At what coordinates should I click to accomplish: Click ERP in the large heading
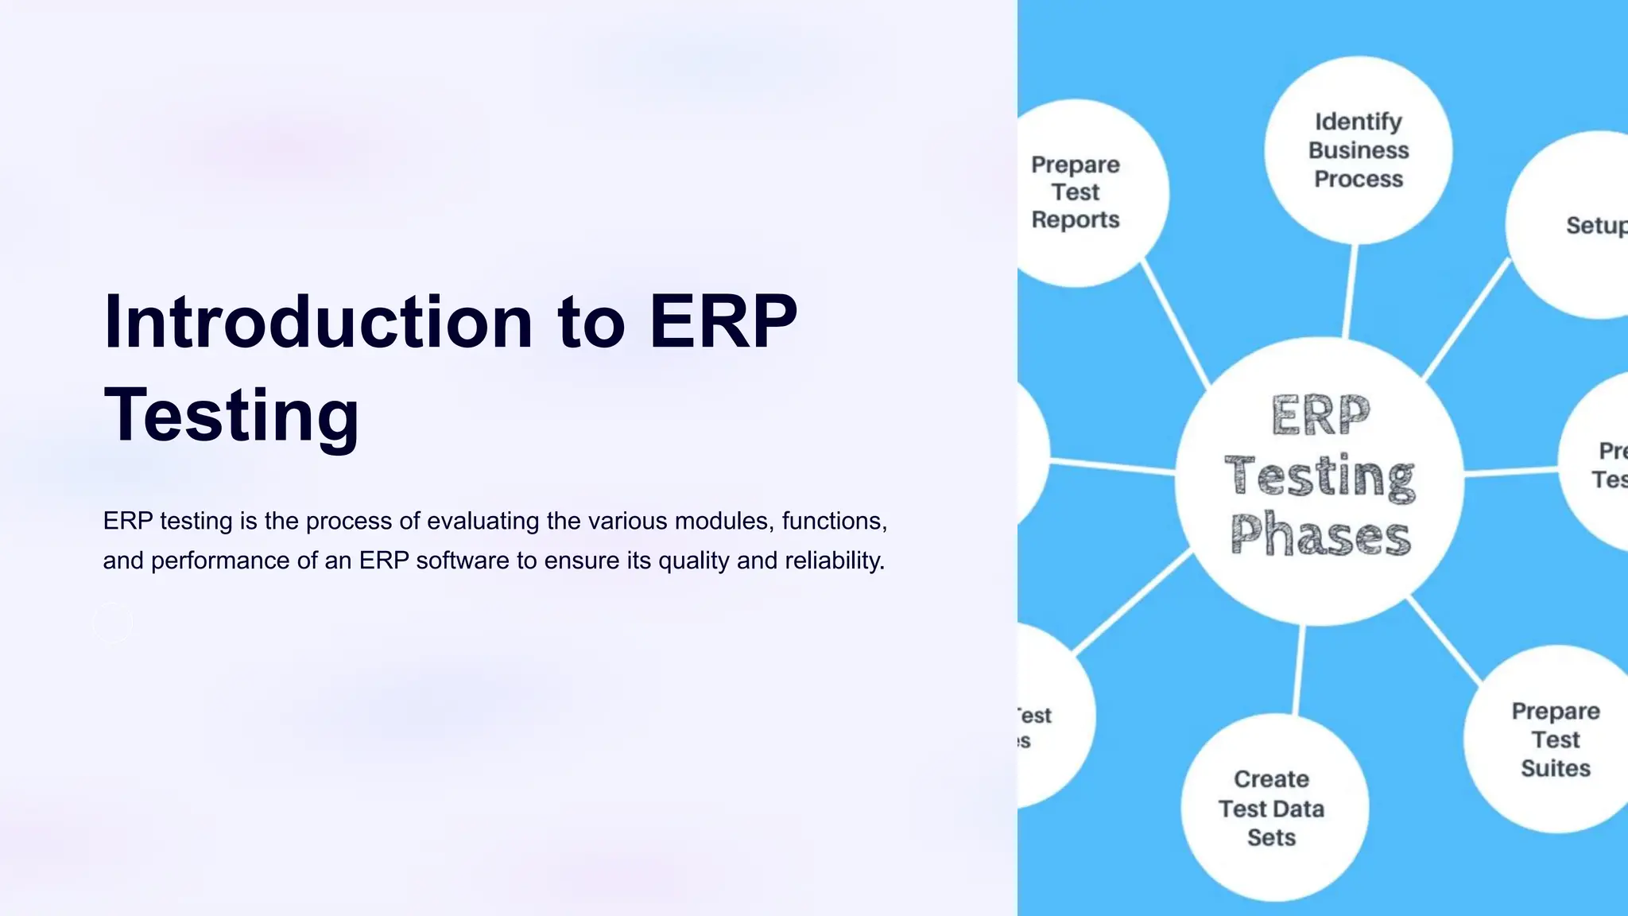[x=723, y=322]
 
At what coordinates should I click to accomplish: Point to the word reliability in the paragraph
[x=835, y=561]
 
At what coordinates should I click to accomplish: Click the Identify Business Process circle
[x=1358, y=150]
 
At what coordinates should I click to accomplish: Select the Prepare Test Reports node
[x=1076, y=192]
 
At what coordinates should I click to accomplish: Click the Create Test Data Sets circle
[x=1272, y=808]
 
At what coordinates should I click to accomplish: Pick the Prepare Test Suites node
[x=1555, y=739]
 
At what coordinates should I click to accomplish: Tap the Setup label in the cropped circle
[x=1595, y=226]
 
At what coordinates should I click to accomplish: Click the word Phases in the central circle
[x=1321, y=535]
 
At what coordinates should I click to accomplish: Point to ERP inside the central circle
[x=1321, y=415]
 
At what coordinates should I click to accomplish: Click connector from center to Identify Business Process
[x=1350, y=290]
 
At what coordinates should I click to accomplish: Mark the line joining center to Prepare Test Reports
[x=1176, y=324]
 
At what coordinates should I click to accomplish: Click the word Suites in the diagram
[x=1555, y=768]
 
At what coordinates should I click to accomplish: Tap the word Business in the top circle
[x=1358, y=150]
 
